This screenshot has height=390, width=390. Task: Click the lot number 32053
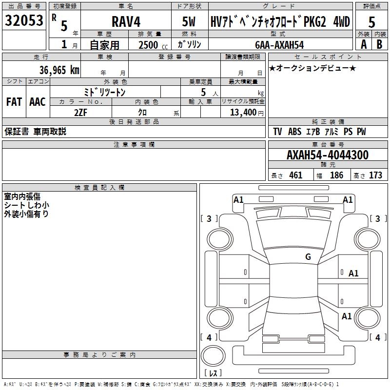click(24, 21)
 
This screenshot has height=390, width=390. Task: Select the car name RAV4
click(125, 22)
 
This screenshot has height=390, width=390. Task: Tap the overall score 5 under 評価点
click(371, 22)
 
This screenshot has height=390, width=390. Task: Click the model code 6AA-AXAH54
click(279, 45)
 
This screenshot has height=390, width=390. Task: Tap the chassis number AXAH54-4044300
click(328, 155)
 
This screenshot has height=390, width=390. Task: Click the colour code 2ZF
click(80, 112)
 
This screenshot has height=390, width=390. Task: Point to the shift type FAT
click(14, 101)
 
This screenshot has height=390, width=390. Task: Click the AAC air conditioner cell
click(37, 101)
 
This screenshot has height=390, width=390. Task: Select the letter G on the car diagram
click(308, 257)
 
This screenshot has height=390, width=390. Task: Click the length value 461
click(295, 175)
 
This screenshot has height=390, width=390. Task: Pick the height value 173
click(375, 175)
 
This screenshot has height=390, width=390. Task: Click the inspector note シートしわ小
click(26, 205)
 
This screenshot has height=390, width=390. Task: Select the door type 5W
click(190, 22)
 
